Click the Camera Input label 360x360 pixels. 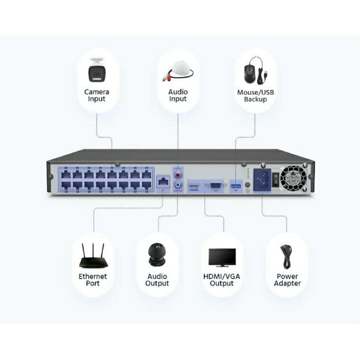coord(97,95)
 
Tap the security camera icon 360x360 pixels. coord(97,71)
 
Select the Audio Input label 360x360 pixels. coord(178,95)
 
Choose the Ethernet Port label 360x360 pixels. coord(93,280)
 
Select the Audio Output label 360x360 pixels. coord(157,280)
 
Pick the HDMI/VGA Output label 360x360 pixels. coord(222,280)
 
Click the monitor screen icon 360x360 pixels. coord(222,257)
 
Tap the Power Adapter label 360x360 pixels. coord(287,280)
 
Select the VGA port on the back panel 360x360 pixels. coord(215,185)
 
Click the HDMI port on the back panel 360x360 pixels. coord(194,185)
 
